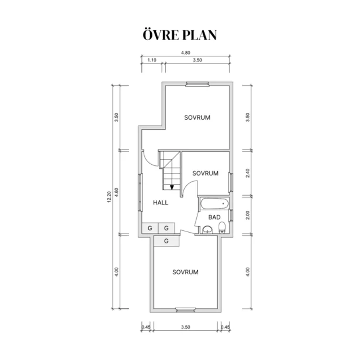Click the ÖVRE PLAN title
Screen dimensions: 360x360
click(180, 35)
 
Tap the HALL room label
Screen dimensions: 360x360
click(161, 202)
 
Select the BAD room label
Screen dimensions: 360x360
click(214, 217)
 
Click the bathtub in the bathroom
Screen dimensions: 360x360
click(215, 204)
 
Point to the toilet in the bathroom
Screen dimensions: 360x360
click(222, 227)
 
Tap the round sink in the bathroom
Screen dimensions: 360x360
click(208, 230)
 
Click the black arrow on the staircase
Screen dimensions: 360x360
click(172, 187)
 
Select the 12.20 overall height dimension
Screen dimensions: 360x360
click(109, 197)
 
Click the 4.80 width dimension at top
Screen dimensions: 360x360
click(185, 53)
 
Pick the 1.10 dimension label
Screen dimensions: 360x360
click(152, 60)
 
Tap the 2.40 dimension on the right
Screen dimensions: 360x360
click(247, 173)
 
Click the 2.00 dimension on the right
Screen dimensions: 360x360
click(247, 215)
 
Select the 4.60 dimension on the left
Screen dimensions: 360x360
click(117, 192)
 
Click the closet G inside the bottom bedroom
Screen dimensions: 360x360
click(166, 241)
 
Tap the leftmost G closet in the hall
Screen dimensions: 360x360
click(150, 228)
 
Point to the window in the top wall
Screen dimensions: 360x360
click(197, 84)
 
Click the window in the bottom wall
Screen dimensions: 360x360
click(185, 310)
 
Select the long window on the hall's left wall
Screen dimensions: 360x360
click(140, 192)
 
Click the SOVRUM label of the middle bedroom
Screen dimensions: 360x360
click(205, 173)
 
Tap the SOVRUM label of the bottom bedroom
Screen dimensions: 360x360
click(185, 272)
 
